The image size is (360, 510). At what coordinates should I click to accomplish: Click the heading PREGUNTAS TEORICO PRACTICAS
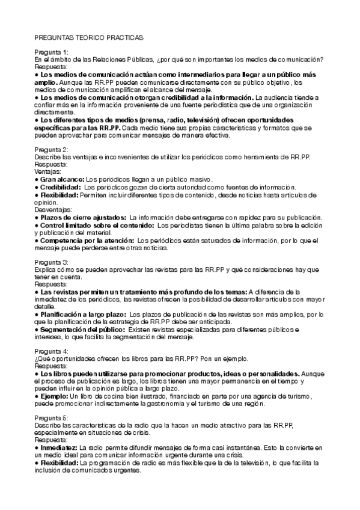(89, 37)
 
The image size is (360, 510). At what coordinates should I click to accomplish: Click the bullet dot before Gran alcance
(37, 179)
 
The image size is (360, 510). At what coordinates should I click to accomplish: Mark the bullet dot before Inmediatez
(37, 447)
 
